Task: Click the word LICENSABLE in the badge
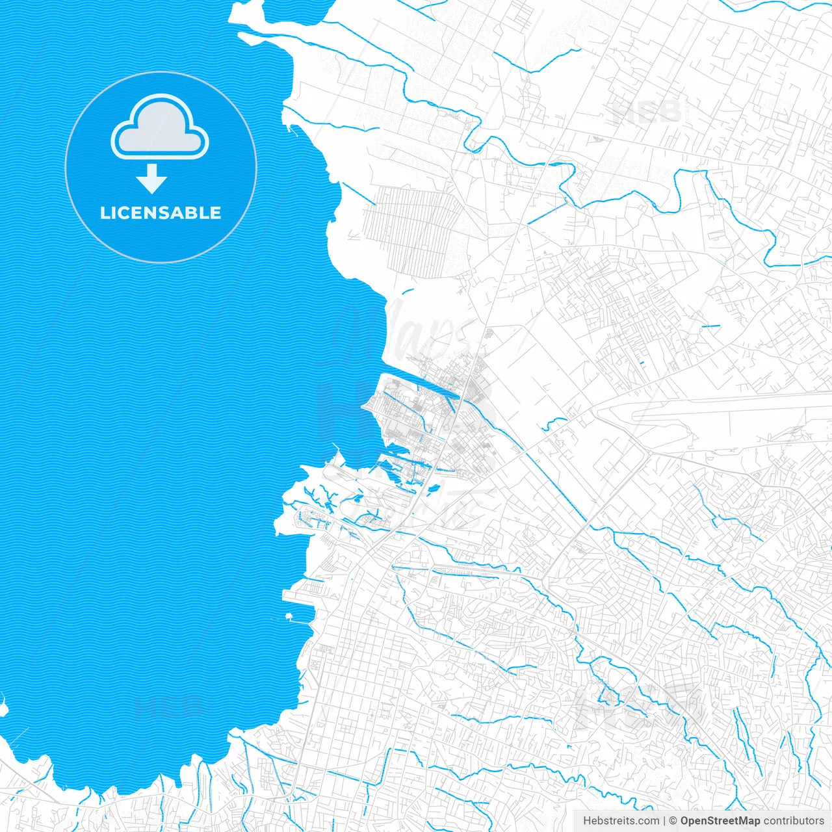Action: click(161, 213)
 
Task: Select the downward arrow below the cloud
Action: click(152, 179)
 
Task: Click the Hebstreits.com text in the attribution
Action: click(621, 821)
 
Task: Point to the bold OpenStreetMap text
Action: click(720, 821)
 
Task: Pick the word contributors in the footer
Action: click(794, 821)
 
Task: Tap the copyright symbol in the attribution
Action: click(673, 821)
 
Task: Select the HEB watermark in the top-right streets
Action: click(646, 112)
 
